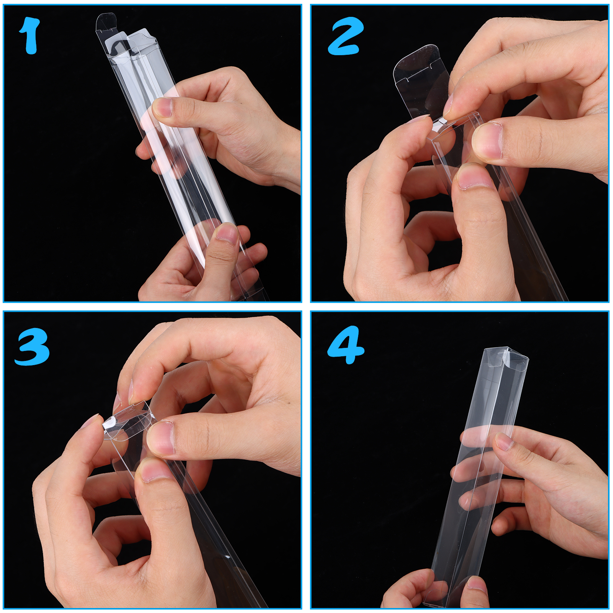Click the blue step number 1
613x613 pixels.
(x=30, y=36)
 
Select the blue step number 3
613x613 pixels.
(x=33, y=346)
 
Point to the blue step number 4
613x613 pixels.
(x=346, y=345)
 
